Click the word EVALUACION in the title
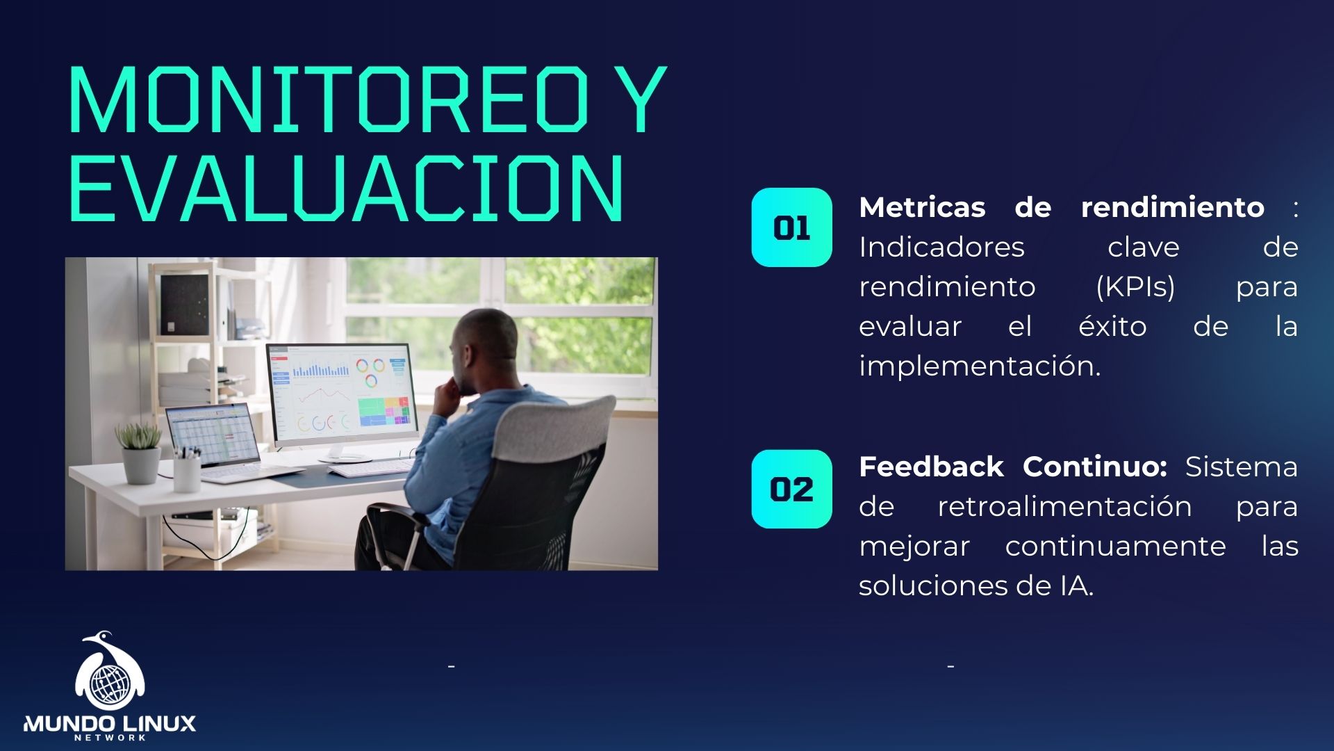click(345, 188)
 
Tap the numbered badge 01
click(791, 227)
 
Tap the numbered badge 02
click(791, 489)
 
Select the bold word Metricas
click(922, 207)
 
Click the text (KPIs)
click(1135, 286)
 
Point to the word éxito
click(1112, 326)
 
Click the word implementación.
click(979, 366)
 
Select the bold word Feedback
click(931, 467)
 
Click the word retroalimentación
click(1064, 506)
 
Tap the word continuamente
click(1115, 546)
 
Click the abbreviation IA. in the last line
click(1076, 586)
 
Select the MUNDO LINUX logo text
click(110, 724)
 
